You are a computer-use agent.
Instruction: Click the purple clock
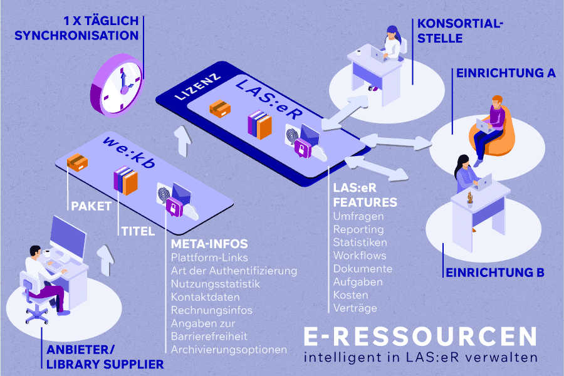click(x=120, y=85)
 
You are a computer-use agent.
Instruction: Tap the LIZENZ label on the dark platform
click(x=197, y=89)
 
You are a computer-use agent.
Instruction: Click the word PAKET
click(x=91, y=206)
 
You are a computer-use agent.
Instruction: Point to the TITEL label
click(x=137, y=231)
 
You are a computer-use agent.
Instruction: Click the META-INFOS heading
click(x=209, y=243)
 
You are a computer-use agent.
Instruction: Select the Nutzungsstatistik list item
click(x=206, y=284)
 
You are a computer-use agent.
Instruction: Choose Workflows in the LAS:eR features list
click(x=360, y=256)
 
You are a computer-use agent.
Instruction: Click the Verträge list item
click(x=355, y=308)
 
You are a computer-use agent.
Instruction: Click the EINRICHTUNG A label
click(x=506, y=73)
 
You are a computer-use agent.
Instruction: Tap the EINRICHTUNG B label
click(x=494, y=273)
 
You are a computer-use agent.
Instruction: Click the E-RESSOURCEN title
click(x=420, y=337)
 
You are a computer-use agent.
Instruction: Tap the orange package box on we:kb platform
click(x=78, y=163)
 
